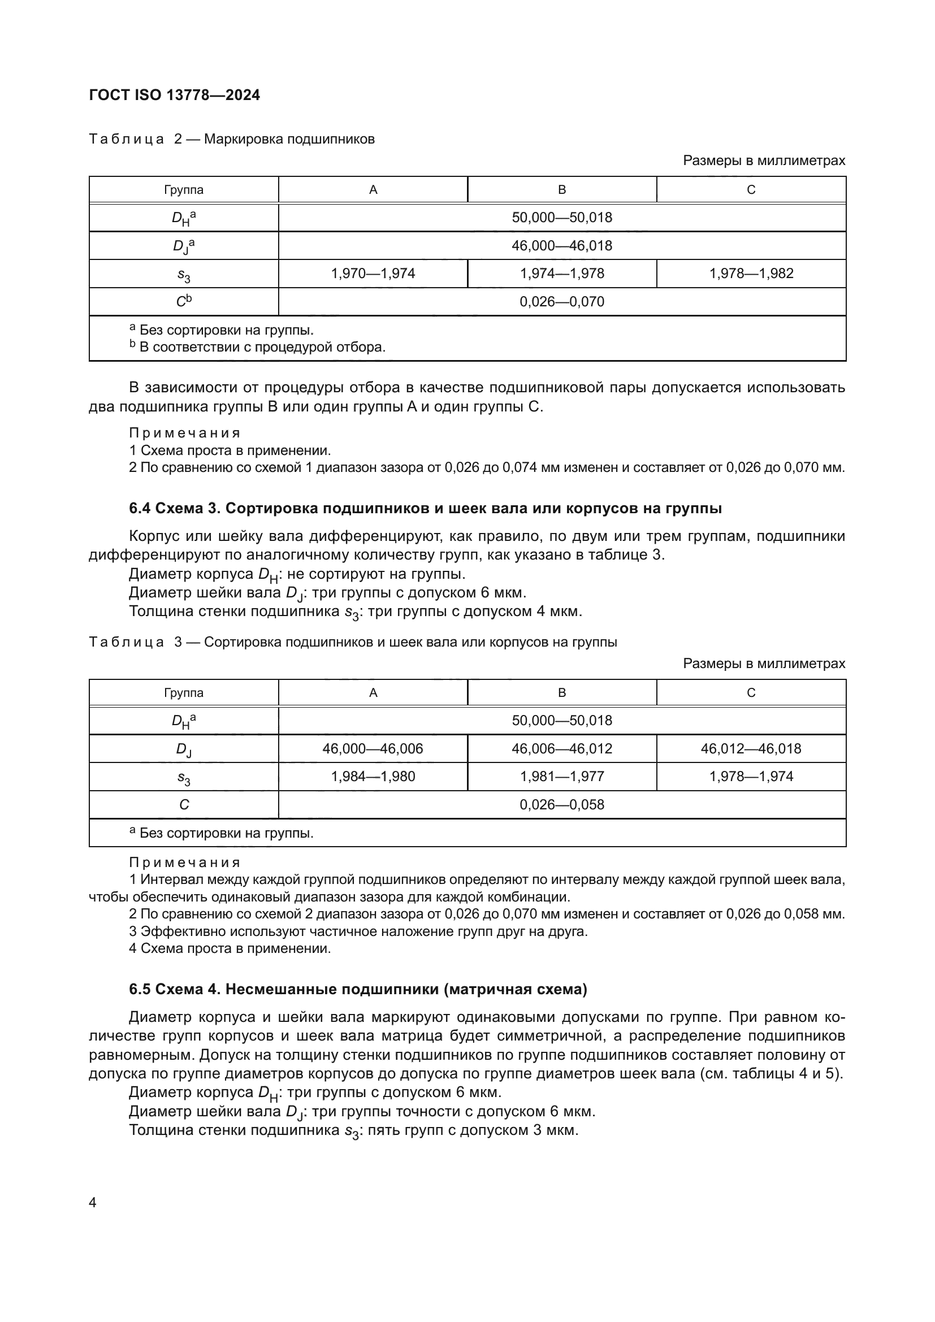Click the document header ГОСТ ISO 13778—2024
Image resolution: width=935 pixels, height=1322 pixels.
tap(175, 95)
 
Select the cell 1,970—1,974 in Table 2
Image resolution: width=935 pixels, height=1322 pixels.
tap(373, 274)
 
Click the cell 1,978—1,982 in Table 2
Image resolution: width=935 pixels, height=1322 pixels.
tap(751, 274)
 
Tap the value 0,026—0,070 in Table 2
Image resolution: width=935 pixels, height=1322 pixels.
tap(561, 302)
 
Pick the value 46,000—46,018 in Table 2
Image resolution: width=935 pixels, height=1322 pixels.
tap(561, 246)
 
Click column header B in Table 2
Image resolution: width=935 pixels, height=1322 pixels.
tap(561, 190)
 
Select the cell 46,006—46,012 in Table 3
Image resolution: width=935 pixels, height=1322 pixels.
tap(561, 748)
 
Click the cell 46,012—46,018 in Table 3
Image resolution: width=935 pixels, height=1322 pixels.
tap(751, 748)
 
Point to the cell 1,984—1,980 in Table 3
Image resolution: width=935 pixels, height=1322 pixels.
tap(373, 776)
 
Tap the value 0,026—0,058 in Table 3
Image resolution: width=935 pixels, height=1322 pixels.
tap(561, 804)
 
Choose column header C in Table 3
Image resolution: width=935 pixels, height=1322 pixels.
tap(751, 693)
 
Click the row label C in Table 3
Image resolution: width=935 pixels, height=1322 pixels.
tap(184, 804)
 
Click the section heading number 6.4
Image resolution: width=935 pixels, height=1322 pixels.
tap(140, 509)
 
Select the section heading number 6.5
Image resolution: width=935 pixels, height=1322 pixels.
tap(140, 989)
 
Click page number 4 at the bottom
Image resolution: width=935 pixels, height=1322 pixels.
tap(93, 1202)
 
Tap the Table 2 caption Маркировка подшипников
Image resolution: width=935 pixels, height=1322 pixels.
tap(289, 140)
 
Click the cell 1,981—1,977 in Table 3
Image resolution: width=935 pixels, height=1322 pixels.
tap(561, 776)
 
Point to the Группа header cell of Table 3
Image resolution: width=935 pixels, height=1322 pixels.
tap(184, 693)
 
